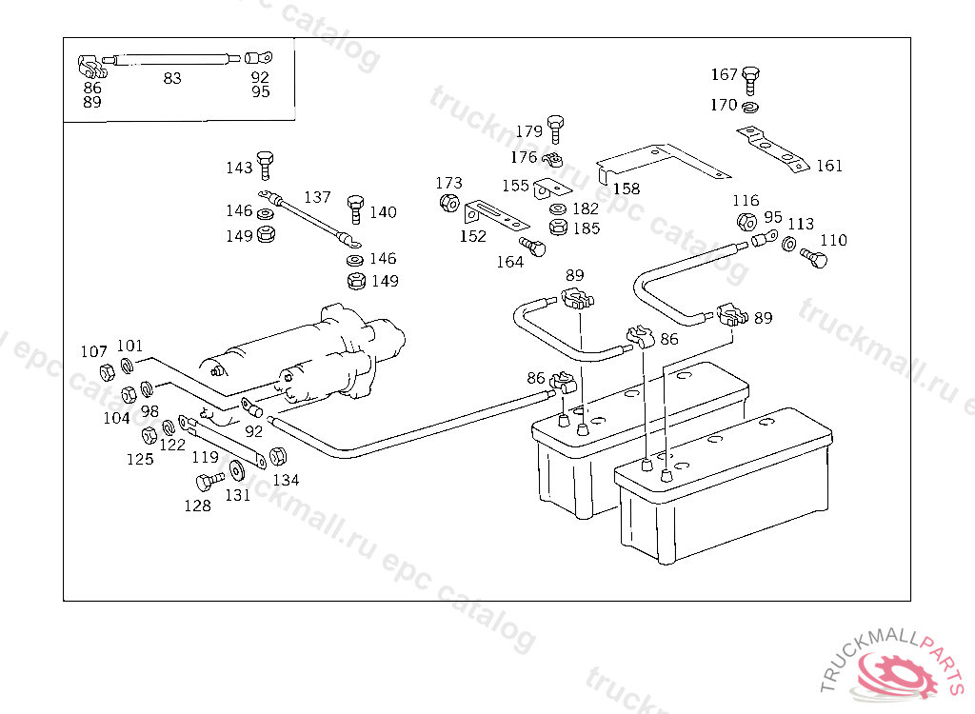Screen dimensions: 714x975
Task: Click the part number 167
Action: [725, 75]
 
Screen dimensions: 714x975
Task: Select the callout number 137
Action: [317, 198]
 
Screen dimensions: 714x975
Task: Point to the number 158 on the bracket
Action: [627, 188]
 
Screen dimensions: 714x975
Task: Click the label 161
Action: [829, 166]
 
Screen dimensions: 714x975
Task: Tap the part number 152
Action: [472, 236]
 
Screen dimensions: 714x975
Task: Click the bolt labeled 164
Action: [536, 248]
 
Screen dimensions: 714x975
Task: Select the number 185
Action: [587, 228]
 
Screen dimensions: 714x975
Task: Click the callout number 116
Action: [746, 201]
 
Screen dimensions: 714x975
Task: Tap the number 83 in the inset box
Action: [171, 78]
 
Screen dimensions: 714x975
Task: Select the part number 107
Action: [93, 352]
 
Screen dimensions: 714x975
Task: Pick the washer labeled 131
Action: [236, 471]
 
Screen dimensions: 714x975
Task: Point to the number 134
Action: [286, 480]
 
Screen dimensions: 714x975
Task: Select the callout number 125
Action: [140, 459]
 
